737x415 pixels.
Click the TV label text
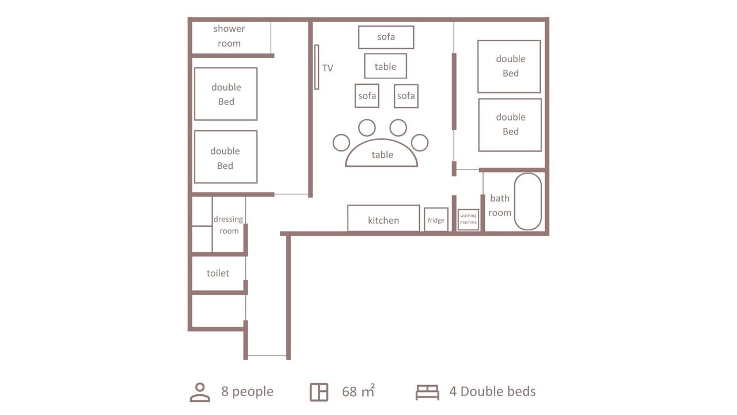click(328, 68)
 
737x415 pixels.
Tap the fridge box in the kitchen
click(436, 220)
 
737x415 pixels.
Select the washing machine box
click(468, 220)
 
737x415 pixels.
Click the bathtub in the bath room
click(528, 202)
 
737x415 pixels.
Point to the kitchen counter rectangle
click(383, 218)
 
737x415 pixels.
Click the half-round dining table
click(381, 153)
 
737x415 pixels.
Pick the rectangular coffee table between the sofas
click(385, 66)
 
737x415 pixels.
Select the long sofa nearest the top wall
click(386, 37)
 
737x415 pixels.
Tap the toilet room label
click(218, 273)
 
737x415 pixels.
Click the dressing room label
click(229, 225)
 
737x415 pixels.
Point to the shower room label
click(229, 36)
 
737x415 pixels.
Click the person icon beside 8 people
click(200, 393)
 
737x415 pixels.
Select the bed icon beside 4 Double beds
click(427, 393)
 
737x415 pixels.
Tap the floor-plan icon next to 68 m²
click(319, 392)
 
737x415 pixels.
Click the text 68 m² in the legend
click(358, 391)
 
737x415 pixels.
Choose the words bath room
click(500, 205)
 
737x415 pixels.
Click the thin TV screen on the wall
click(317, 67)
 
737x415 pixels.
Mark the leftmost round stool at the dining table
click(341, 142)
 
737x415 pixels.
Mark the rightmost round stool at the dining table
click(420, 142)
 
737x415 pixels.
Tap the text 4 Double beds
click(492, 391)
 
